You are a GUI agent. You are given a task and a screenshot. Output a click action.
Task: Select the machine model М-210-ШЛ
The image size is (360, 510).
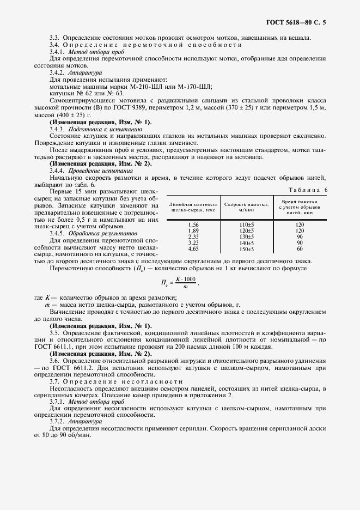point(132,86)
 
